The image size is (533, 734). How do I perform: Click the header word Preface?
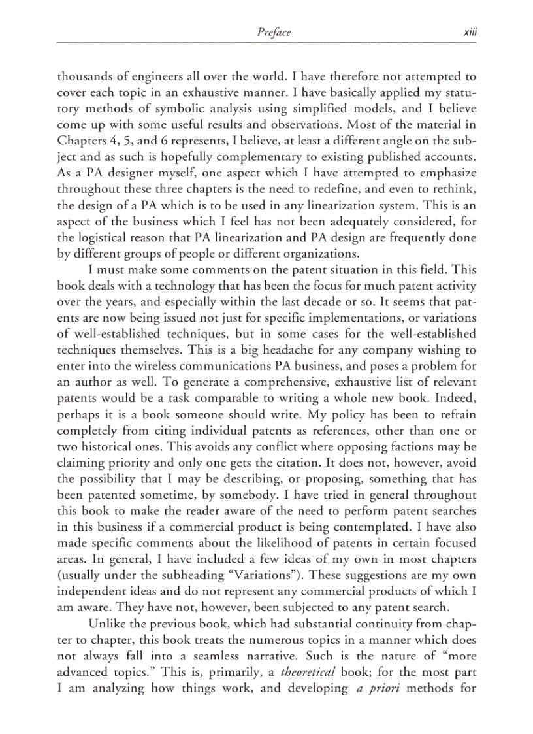click(x=274, y=32)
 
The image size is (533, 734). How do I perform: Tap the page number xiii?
click(x=470, y=32)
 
